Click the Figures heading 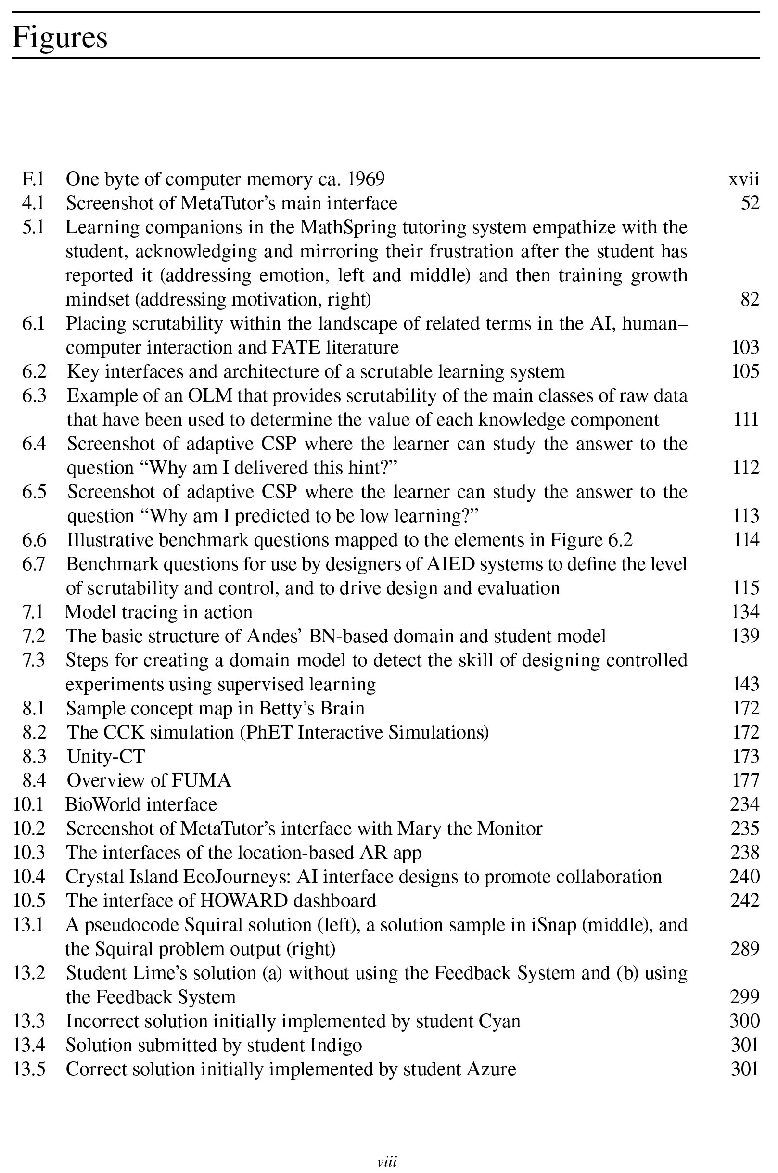60,37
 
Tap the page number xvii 743,179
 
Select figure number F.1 33,179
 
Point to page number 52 750,204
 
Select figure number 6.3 34,395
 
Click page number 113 746,516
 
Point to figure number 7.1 33,612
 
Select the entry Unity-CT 106,756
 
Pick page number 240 744,877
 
